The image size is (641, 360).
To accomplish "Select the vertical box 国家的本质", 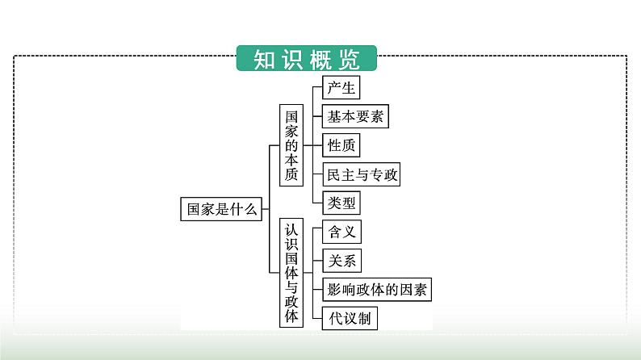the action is (291, 145).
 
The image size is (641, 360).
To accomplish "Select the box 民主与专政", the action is (360, 174).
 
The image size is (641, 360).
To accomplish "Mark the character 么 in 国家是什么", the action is (249, 209).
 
